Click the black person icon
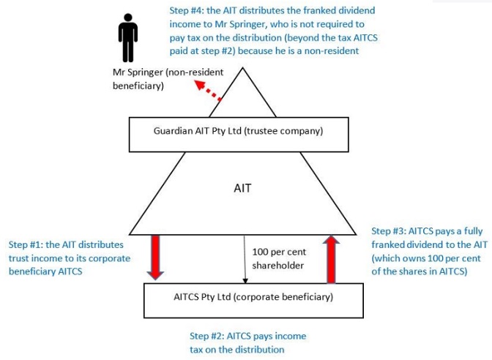(x=129, y=38)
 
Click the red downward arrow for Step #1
(x=154, y=256)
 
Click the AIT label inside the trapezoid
(x=242, y=188)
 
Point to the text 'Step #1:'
(x=26, y=244)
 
